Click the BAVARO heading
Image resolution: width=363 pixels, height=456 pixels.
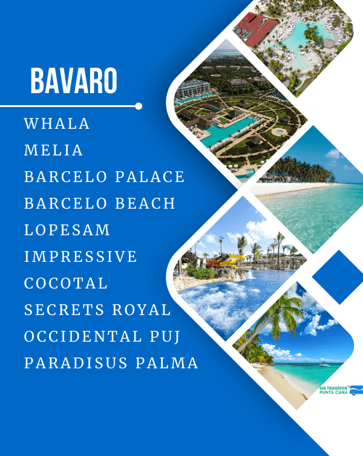pos(74,80)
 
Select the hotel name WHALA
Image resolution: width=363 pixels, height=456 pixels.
pos(57,123)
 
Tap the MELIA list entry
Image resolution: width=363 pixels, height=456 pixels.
pos(53,151)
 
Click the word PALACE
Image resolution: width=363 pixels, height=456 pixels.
pos(150,177)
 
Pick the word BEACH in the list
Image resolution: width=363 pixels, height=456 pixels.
pos(145,204)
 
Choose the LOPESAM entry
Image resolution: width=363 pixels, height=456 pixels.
pos(67,230)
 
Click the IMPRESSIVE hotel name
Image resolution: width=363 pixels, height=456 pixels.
pos(80,257)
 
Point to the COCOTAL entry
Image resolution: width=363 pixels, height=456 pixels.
pos(66,283)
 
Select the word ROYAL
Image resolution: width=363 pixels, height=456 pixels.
pos(142,310)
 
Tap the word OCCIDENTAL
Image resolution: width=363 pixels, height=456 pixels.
pos(83,336)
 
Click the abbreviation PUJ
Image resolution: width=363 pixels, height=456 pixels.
pos(165,337)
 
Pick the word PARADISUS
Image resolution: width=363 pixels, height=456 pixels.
pos(76,363)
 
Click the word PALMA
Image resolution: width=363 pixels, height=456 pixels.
pos(166,363)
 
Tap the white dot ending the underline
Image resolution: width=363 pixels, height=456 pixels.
pos(139,106)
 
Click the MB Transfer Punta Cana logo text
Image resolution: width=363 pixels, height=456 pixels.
pos(333,390)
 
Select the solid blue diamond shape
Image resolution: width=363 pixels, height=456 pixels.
pos(339,277)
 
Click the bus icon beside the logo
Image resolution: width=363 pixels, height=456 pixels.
pos(356,390)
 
